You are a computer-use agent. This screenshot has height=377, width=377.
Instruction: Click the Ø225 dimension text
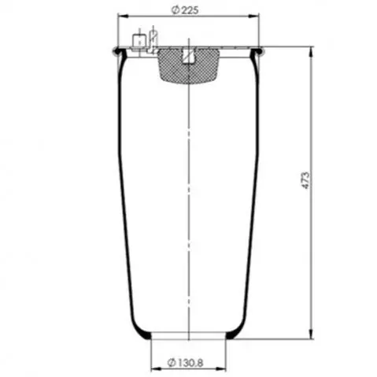click(185, 10)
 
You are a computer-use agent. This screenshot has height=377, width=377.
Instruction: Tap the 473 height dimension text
click(305, 180)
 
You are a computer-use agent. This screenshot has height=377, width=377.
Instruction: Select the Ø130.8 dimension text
click(185, 363)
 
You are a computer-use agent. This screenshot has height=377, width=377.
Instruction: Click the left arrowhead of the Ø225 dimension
click(124, 17)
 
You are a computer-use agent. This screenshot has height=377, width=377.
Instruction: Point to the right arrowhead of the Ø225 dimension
click(253, 17)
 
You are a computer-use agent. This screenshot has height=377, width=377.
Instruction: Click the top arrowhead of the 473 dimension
click(311, 52)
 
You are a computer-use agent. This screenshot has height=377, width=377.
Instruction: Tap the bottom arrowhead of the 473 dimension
click(311, 333)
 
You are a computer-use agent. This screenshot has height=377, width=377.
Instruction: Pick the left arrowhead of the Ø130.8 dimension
click(157, 369)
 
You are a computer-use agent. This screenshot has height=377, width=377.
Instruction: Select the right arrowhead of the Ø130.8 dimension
click(220, 369)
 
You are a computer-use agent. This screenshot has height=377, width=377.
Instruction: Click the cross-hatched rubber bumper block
click(188, 65)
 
